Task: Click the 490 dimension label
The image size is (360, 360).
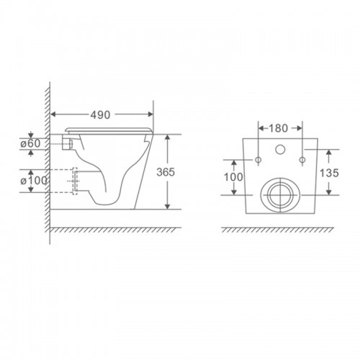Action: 100,115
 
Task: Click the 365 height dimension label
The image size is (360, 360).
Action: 166,172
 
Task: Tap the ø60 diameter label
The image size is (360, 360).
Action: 30,144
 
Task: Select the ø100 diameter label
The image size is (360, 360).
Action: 34,181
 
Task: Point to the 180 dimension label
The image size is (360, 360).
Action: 278,128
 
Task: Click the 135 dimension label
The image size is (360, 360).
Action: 329,173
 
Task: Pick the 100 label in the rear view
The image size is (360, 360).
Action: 233,177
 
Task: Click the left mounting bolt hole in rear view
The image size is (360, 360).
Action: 258,160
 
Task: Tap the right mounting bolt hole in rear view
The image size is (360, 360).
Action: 302,160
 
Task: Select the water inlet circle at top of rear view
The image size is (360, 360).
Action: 280,150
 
